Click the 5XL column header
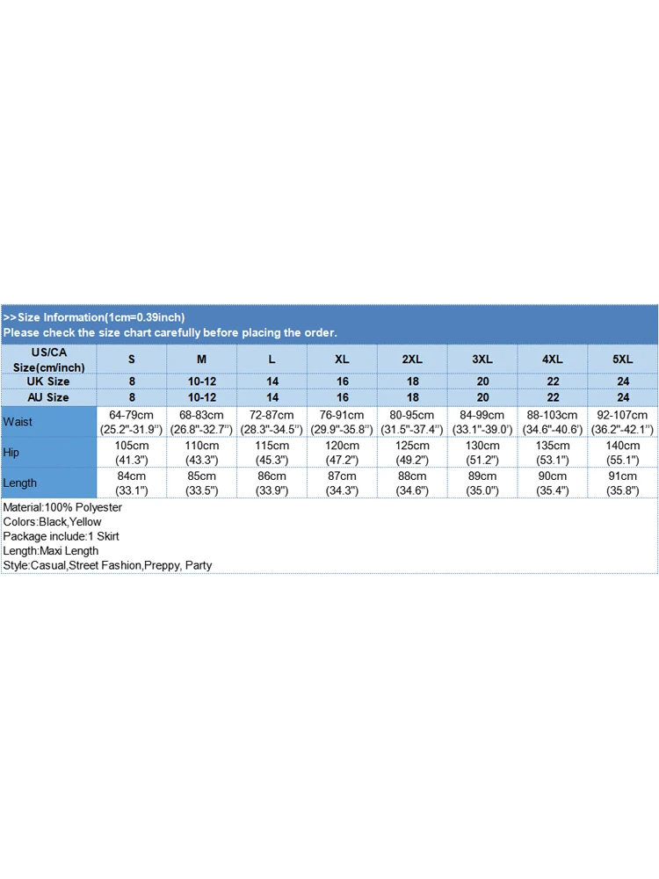pyautogui.click(x=623, y=359)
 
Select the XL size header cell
pyautogui.click(x=342, y=359)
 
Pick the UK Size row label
pyautogui.click(x=48, y=381)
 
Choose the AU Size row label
pyautogui.click(x=48, y=397)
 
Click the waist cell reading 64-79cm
pyautogui.click(x=132, y=422)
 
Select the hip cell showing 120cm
pyautogui.click(x=342, y=453)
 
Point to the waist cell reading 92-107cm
pyautogui.click(x=623, y=422)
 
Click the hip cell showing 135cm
pyautogui.click(x=553, y=453)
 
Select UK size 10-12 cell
pyautogui.click(x=202, y=381)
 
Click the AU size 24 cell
pyautogui.click(x=623, y=397)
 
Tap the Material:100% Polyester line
pyautogui.click(x=62, y=508)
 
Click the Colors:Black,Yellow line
pyautogui.click(x=52, y=522)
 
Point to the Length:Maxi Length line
pyautogui.click(x=51, y=551)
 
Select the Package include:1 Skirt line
pyautogui.click(x=61, y=536)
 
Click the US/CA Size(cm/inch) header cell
pyautogui.click(x=48, y=359)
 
